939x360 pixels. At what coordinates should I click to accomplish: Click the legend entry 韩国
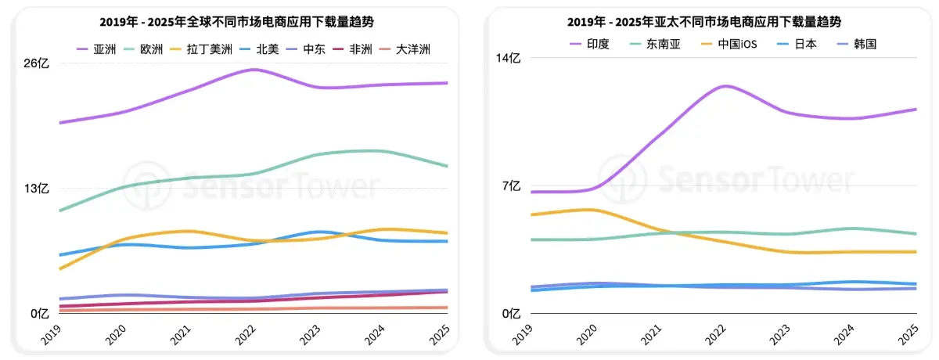(x=865, y=44)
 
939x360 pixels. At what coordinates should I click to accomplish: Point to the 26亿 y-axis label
(x=38, y=64)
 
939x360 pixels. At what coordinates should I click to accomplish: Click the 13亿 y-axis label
(x=38, y=189)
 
